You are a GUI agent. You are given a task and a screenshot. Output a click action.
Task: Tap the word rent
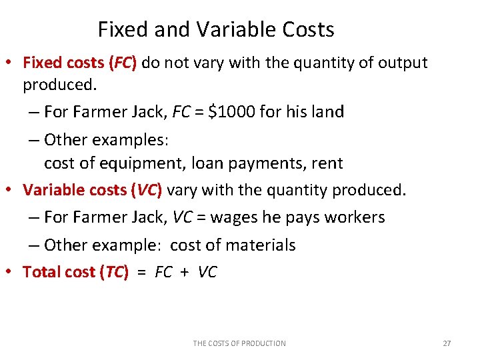tap(327, 163)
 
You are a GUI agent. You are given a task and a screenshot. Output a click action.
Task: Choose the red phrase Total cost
tap(59, 272)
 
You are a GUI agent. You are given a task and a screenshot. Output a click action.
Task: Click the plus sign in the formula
tap(184, 272)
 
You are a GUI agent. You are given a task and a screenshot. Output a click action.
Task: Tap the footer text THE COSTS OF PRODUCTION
tap(239, 343)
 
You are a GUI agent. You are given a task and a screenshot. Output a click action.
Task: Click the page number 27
tap(447, 343)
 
